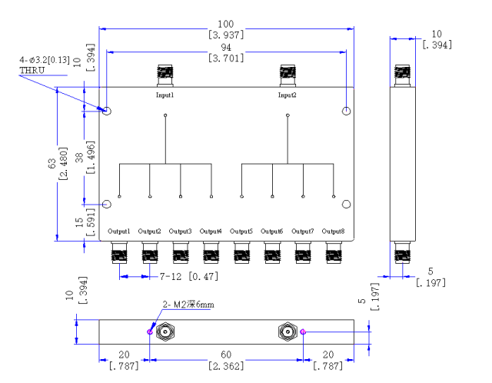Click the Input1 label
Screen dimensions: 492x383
(x=165, y=95)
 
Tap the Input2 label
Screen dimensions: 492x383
(x=287, y=95)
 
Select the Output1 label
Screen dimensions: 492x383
(x=118, y=231)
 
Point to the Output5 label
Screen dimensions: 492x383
(x=241, y=231)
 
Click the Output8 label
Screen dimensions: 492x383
(x=333, y=231)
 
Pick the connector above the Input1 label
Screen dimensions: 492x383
(x=165, y=75)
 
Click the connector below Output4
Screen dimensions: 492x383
(x=211, y=252)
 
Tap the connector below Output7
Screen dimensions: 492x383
(x=303, y=252)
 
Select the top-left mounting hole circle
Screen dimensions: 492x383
(x=107, y=111)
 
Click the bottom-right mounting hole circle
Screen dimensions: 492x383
(x=346, y=205)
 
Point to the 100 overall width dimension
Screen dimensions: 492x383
(x=226, y=24)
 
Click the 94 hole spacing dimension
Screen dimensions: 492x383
(x=226, y=48)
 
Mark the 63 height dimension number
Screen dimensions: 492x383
(x=52, y=163)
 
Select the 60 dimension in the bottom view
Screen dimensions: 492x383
(x=226, y=355)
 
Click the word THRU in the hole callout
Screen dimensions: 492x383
(x=32, y=70)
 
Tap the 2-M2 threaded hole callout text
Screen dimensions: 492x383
(x=188, y=305)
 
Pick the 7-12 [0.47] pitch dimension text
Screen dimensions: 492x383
(x=189, y=277)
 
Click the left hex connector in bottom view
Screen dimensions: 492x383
(x=165, y=331)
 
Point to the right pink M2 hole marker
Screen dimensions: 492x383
(x=303, y=331)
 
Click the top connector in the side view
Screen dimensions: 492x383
(x=403, y=75)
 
